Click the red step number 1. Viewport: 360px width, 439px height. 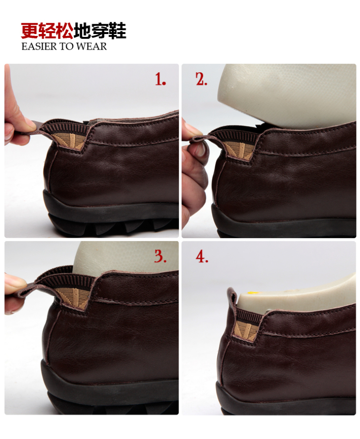[161, 79]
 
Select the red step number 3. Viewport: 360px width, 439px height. [160, 256]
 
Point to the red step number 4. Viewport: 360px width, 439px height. [202, 256]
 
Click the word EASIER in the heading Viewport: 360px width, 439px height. [39, 47]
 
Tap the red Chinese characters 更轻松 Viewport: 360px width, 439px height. [47, 30]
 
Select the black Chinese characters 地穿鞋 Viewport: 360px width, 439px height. [100, 30]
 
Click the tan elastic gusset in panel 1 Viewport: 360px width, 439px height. [72, 141]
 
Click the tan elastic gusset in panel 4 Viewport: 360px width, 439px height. [247, 329]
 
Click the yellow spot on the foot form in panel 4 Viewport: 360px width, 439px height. [252, 293]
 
